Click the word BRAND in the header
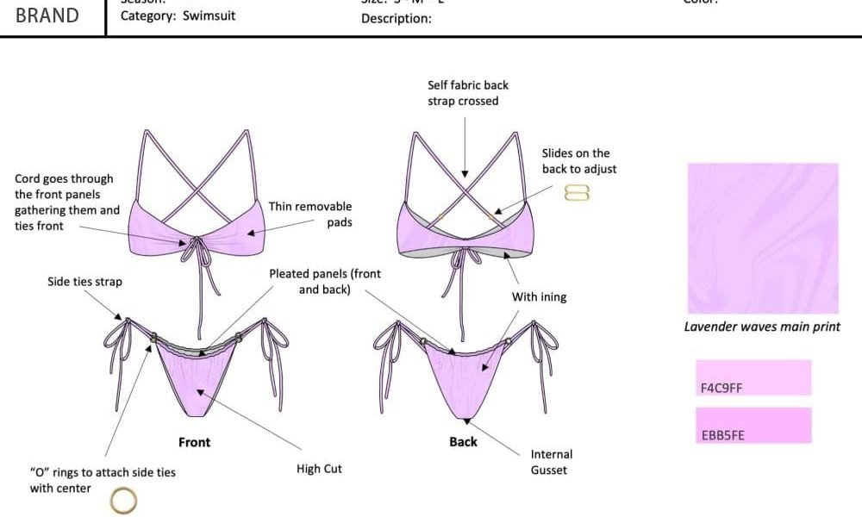coord(47,16)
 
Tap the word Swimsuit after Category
coord(209,16)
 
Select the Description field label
coord(396,18)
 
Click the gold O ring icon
coord(123,499)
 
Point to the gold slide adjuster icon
coord(577,194)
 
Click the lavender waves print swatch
coord(762,238)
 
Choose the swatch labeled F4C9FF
coord(753,377)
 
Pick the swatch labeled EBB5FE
coord(753,425)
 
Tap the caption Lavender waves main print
coord(761,327)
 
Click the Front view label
coord(194,442)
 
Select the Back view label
coord(463,441)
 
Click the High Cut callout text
coord(319,469)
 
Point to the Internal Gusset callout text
coord(551,462)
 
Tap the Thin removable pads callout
coord(310,215)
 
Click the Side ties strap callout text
coord(84,282)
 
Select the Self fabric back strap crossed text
coord(467,93)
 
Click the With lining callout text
coord(539,297)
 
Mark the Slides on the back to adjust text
coord(578,161)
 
